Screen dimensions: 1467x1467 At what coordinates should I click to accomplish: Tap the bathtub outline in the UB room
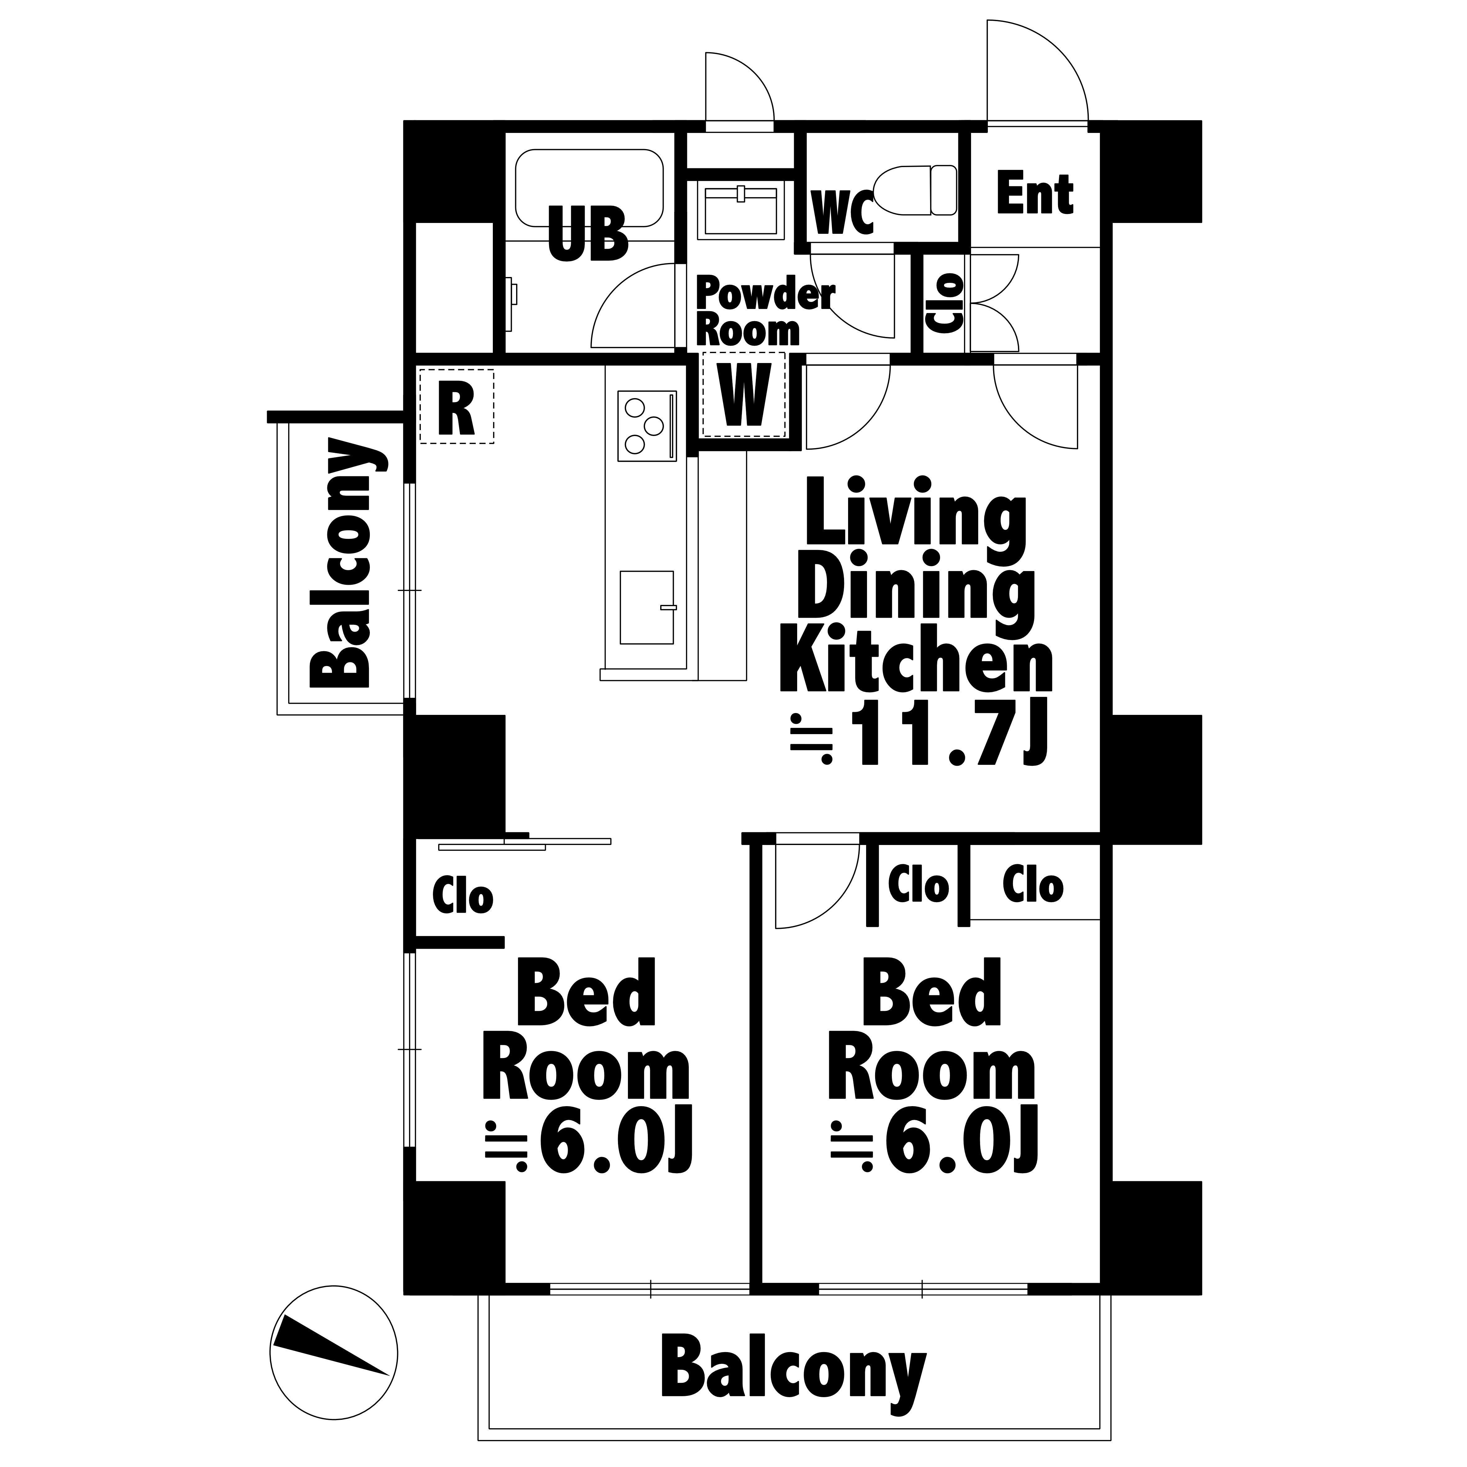pos(589,150)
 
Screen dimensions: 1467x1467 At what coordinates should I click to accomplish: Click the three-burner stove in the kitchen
pos(647,426)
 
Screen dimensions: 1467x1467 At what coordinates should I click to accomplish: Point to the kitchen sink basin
pos(647,607)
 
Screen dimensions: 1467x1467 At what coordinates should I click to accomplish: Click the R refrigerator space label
pos(456,408)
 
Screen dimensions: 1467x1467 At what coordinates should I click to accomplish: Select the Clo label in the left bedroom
pos(462,896)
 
